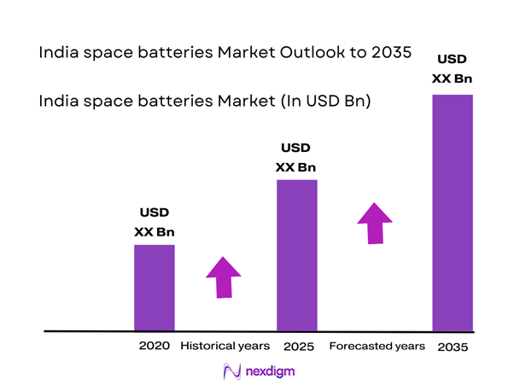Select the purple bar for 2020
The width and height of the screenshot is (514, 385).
coord(155,288)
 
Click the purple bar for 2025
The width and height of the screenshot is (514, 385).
coord(296,255)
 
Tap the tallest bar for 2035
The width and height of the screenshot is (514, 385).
coord(452,212)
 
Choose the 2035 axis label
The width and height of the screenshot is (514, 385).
coord(453,347)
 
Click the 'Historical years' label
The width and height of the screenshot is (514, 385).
coord(225,346)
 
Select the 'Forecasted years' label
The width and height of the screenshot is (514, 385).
coord(377,346)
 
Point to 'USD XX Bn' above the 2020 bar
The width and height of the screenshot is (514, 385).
coord(155,221)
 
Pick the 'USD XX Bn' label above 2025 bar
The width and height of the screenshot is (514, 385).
coord(296,156)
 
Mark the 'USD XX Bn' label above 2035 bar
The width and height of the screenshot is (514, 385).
coord(453,69)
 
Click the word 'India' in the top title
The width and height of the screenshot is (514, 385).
coord(57,53)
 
